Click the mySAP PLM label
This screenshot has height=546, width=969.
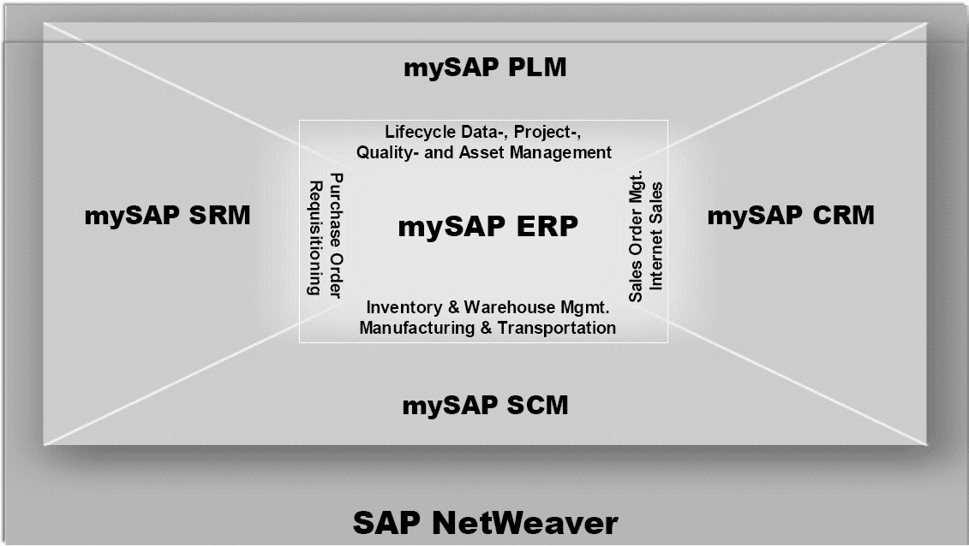[485, 68]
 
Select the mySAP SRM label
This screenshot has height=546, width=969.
[167, 216]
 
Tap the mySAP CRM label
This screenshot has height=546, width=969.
[790, 216]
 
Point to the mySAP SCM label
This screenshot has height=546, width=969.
[485, 405]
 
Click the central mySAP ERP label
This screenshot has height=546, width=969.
[487, 228]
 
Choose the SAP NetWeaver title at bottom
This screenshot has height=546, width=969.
[485, 522]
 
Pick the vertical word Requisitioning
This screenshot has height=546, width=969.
[314, 238]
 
